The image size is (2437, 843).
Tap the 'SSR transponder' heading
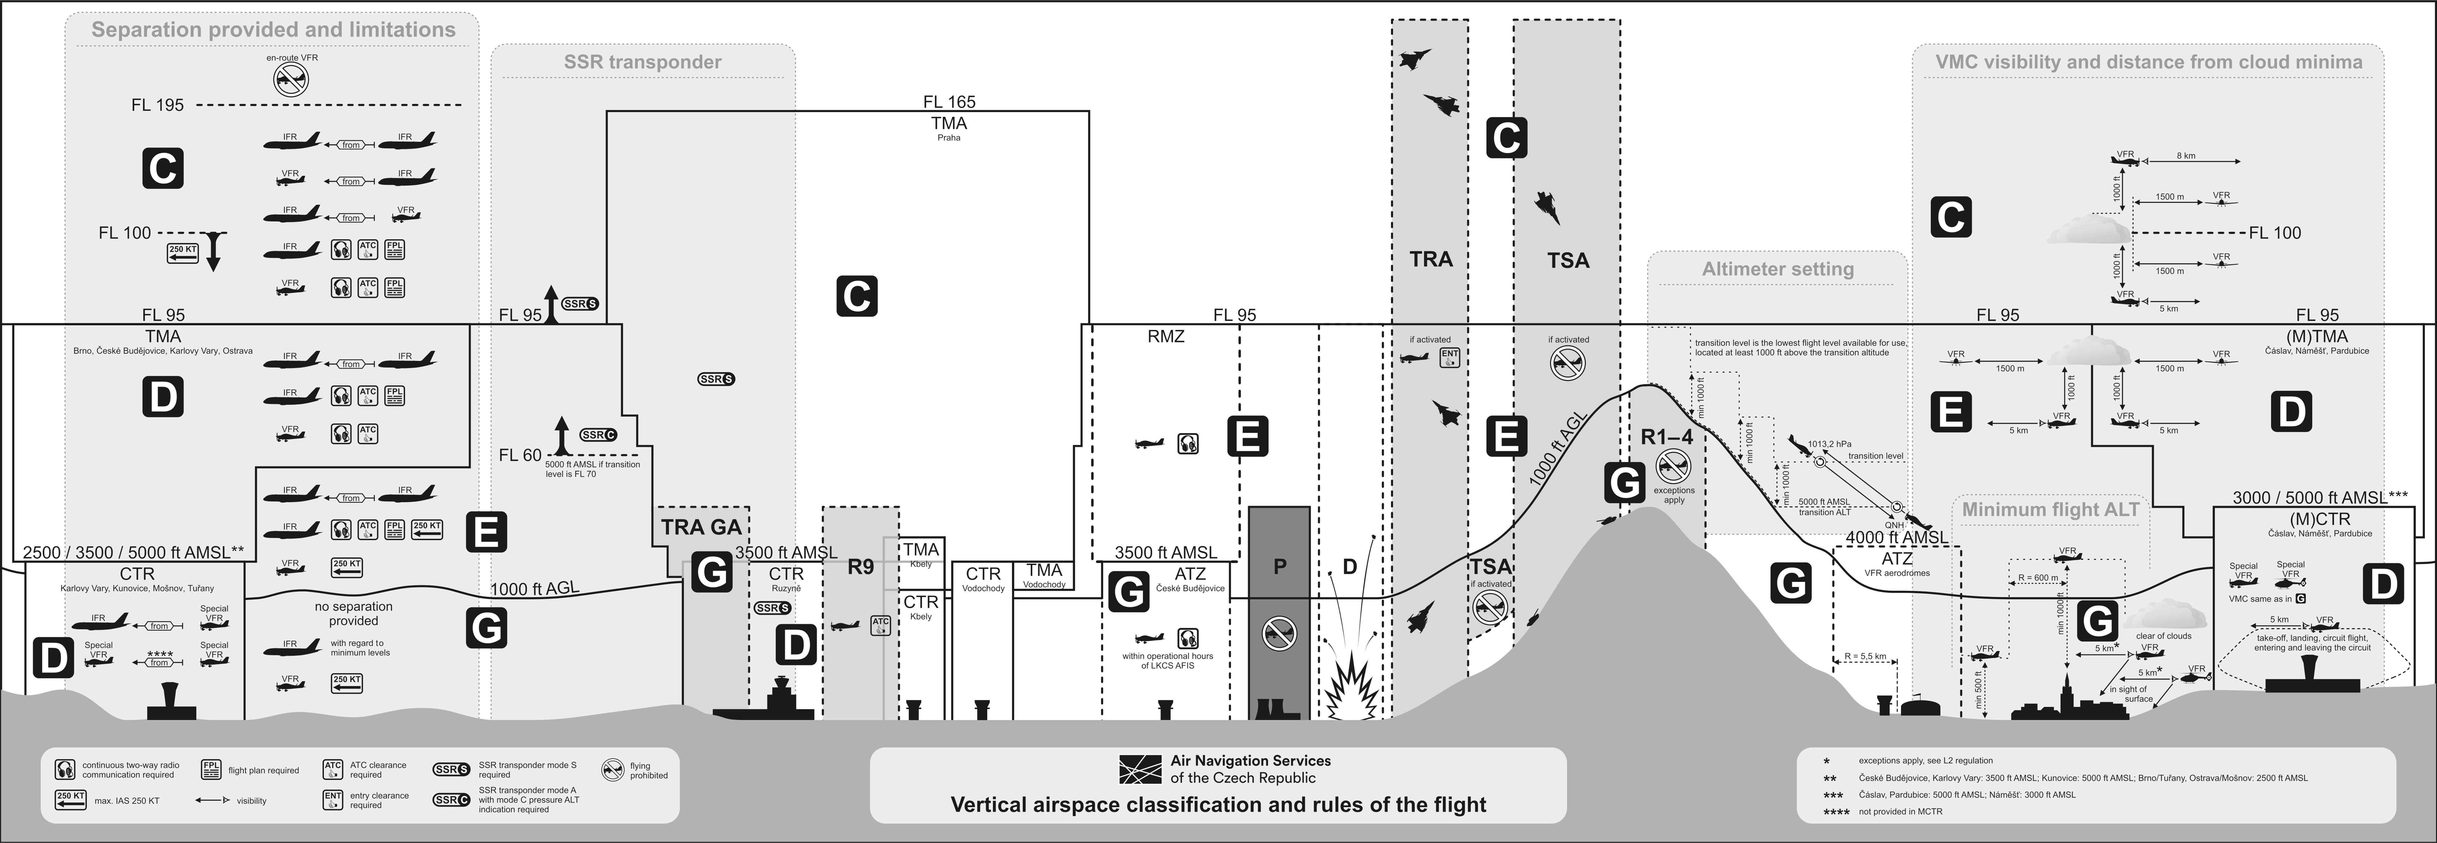[x=642, y=62]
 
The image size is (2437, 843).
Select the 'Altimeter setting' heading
[x=1778, y=269]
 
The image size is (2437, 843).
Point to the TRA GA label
[x=701, y=527]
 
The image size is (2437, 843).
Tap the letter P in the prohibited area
[x=1279, y=567]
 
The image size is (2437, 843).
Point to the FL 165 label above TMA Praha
[x=949, y=101]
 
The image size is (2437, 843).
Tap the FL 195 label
[x=157, y=105]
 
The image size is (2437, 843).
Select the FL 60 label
[x=520, y=455]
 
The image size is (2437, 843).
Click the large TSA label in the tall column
[x=1568, y=260]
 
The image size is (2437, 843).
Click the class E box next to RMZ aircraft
[x=1247, y=437]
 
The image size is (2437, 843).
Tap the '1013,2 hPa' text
[x=1829, y=444]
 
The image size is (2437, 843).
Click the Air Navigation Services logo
[x=1140, y=769]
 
